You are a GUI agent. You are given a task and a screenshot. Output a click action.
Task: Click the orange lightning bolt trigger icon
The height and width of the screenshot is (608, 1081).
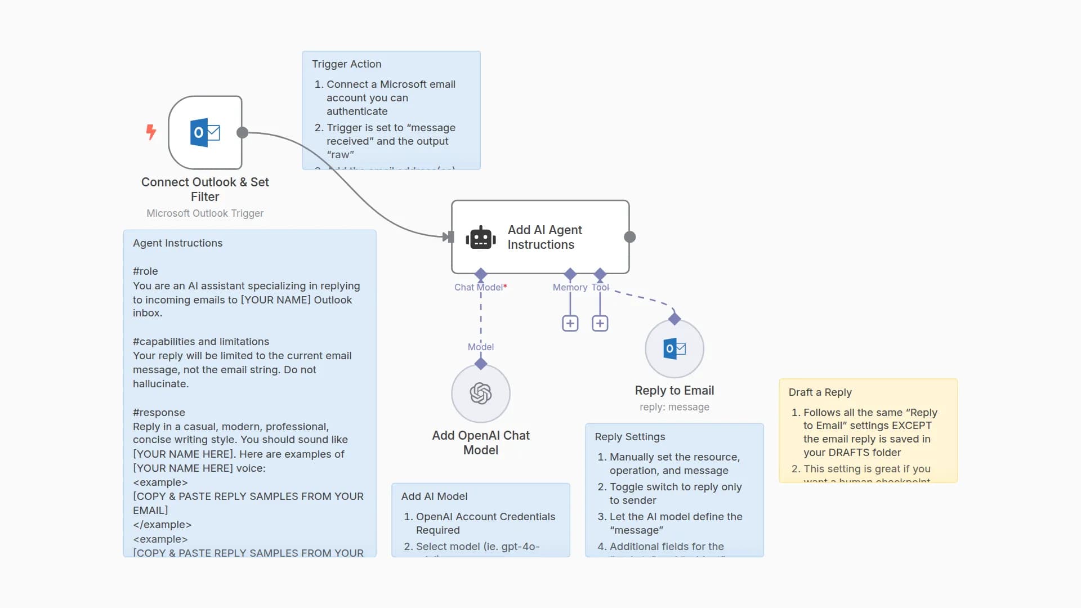click(151, 132)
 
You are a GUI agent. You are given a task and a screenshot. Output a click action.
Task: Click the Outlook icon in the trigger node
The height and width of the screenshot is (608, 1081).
click(205, 133)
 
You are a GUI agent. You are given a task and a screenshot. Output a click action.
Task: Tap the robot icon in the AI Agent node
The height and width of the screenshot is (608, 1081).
click(481, 238)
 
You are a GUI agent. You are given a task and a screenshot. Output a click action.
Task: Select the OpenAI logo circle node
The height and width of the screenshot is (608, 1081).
click(481, 394)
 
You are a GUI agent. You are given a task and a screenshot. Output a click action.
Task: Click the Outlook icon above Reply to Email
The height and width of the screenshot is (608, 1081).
click(674, 349)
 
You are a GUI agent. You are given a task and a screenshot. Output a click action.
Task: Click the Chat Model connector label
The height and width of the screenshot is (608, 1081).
click(480, 287)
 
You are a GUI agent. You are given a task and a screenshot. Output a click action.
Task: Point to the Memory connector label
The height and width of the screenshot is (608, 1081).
click(570, 287)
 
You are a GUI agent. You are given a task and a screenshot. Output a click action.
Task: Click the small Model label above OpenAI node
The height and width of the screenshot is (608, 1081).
click(481, 347)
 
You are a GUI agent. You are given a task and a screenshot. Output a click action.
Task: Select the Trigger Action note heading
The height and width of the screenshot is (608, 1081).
click(347, 64)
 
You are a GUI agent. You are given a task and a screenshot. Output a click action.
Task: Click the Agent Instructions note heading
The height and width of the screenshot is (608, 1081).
click(178, 243)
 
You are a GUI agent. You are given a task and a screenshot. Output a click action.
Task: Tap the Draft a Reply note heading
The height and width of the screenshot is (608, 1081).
click(820, 392)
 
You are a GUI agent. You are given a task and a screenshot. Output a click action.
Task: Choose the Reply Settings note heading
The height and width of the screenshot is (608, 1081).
click(630, 437)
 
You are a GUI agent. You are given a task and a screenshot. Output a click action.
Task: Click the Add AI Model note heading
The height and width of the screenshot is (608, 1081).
click(434, 497)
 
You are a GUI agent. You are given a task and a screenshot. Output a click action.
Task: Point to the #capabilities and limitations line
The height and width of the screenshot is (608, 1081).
click(201, 342)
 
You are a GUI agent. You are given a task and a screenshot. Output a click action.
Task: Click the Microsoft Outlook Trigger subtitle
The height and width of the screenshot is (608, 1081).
click(205, 213)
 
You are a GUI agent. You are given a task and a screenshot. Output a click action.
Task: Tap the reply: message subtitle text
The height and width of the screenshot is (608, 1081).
click(674, 407)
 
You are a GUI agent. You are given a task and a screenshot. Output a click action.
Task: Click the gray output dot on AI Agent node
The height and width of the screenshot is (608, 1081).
click(630, 237)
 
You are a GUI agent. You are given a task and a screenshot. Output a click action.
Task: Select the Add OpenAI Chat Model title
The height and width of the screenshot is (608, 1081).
click(481, 442)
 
